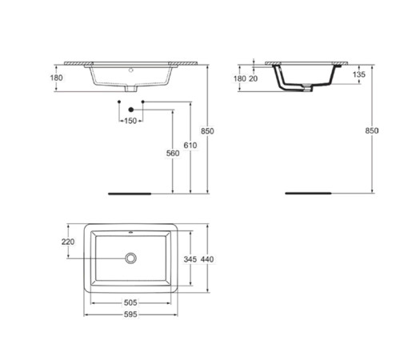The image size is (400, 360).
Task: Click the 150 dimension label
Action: tap(130, 120)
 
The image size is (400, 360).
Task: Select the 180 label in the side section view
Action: tap(238, 78)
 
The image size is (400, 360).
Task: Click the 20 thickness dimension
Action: tap(253, 78)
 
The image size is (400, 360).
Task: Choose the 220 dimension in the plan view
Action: tap(68, 241)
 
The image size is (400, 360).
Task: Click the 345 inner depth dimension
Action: tap(190, 260)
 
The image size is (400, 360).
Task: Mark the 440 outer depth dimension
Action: tap(208, 260)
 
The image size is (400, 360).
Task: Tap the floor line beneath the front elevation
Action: tap(130, 193)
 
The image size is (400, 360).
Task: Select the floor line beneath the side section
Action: tap(307, 193)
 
